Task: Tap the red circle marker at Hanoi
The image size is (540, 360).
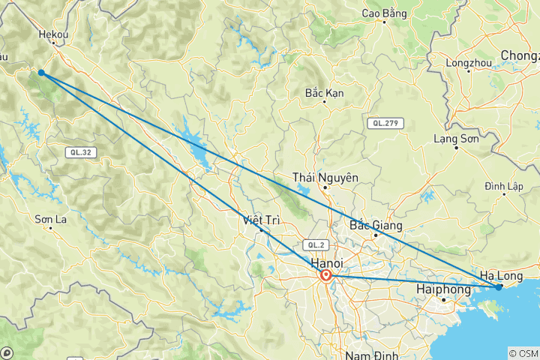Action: [x=326, y=276]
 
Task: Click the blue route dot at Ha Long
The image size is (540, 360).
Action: [x=499, y=286]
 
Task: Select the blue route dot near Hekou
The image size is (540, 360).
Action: [x=41, y=73]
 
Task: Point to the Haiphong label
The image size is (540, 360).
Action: [x=442, y=288]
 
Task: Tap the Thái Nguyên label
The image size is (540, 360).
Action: [x=325, y=178]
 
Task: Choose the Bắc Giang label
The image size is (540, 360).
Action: [x=376, y=225]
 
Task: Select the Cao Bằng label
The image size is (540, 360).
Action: [x=384, y=13]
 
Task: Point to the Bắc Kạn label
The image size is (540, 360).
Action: [x=324, y=93]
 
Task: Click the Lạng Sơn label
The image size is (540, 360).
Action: [x=456, y=138]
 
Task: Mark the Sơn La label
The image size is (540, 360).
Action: [x=51, y=219]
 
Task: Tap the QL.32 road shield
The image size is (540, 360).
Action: [x=78, y=152]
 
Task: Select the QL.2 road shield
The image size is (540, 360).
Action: [x=313, y=245]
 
